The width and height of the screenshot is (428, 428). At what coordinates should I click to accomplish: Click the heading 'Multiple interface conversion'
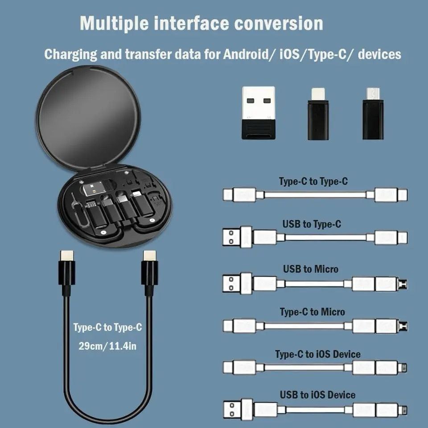click(x=201, y=23)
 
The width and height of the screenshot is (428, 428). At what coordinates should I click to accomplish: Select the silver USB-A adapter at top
click(x=259, y=112)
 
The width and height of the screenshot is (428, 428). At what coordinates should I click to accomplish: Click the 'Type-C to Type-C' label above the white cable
click(x=313, y=181)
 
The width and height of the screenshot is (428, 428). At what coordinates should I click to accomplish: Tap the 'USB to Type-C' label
click(x=311, y=224)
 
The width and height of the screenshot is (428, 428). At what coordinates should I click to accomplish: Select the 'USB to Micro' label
click(x=310, y=269)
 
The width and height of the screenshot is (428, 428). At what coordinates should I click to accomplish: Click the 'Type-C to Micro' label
click(x=312, y=312)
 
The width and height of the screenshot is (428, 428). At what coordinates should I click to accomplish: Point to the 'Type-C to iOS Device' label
click(x=317, y=354)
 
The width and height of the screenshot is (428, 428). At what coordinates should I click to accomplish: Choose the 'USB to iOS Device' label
click(x=317, y=395)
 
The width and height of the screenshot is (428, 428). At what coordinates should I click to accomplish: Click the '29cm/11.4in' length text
click(x=107, y=346)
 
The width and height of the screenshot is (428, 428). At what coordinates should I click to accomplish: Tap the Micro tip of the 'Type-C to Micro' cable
click(x=403, y=326)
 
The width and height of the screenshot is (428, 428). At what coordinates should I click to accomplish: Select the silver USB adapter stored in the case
click(x=94, y=189)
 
